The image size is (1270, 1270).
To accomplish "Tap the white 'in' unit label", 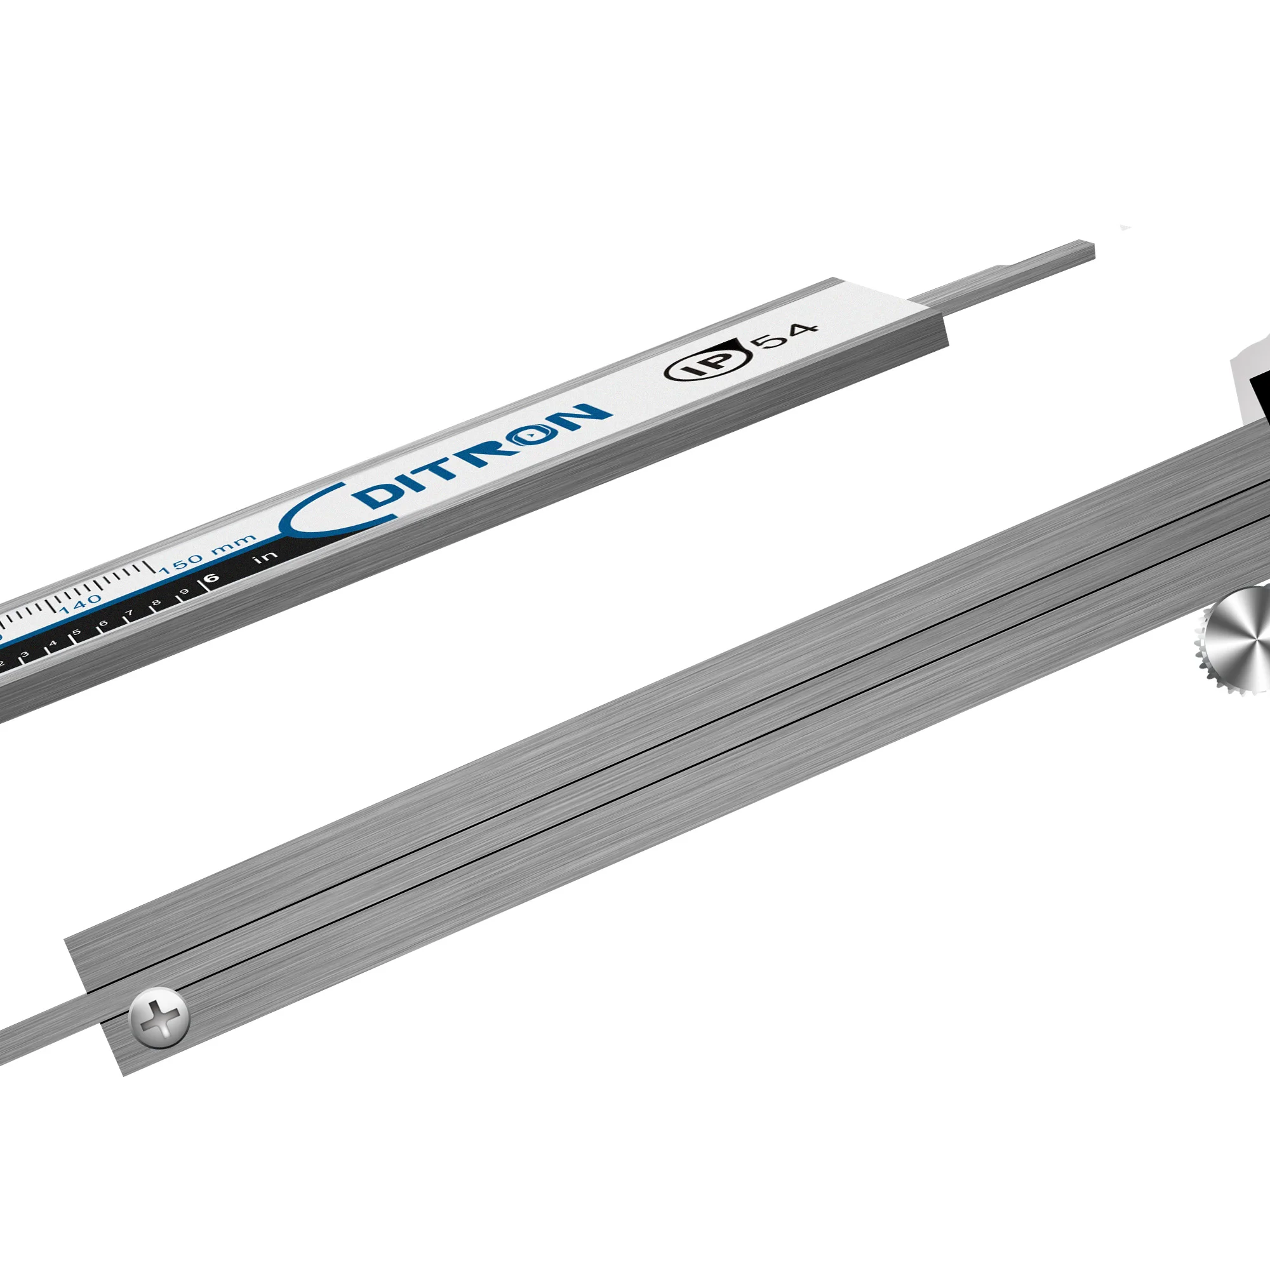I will [264, 558].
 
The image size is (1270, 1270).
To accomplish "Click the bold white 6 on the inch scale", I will [211, 578].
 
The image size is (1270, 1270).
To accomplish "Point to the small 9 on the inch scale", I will [184, 592].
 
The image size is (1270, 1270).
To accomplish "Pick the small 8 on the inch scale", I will [156, 602].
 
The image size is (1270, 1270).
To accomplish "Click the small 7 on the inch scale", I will [130, 613].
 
